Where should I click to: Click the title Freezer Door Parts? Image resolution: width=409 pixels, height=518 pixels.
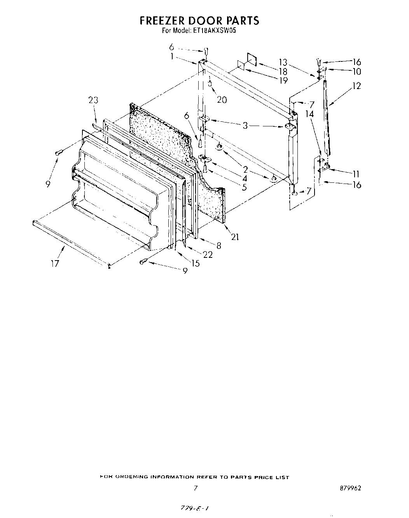pos(199,20)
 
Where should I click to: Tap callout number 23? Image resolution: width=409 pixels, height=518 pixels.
pos(93,100)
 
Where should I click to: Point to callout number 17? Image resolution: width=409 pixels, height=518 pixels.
pos(55,263)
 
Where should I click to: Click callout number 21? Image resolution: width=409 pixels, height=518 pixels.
pos(234,237)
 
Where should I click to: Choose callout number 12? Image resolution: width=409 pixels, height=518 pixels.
pos(356,86)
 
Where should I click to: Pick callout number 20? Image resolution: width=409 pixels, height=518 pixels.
pos(222,100)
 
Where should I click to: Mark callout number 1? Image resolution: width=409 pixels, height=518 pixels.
pos(171,56)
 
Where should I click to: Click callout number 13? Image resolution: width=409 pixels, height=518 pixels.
pos(283,62)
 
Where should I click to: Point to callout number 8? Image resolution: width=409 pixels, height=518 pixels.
pos(218,245)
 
